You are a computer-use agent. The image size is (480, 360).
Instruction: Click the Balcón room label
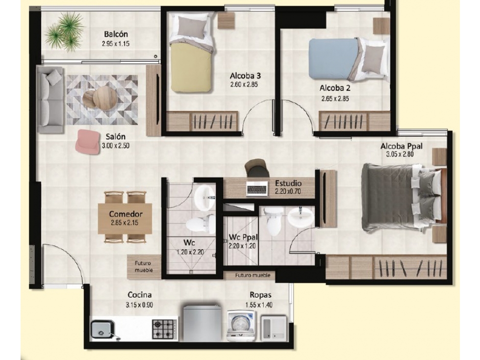tap(116, 34)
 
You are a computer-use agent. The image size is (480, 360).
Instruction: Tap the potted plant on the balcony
tap(65, 32)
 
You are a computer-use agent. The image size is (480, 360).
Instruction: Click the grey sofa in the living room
tap(51, 100)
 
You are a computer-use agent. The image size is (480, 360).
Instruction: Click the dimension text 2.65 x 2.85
tap(335, 99)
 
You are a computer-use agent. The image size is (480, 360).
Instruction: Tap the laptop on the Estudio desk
tap(257, 188)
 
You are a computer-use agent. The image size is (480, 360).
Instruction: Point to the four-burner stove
tap(165, 329)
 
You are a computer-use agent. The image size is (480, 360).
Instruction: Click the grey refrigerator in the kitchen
tap(202, 323)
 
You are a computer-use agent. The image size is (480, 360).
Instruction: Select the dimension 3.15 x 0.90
tap(139, 305)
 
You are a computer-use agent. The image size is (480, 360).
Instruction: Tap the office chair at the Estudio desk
tap(257, 168)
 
